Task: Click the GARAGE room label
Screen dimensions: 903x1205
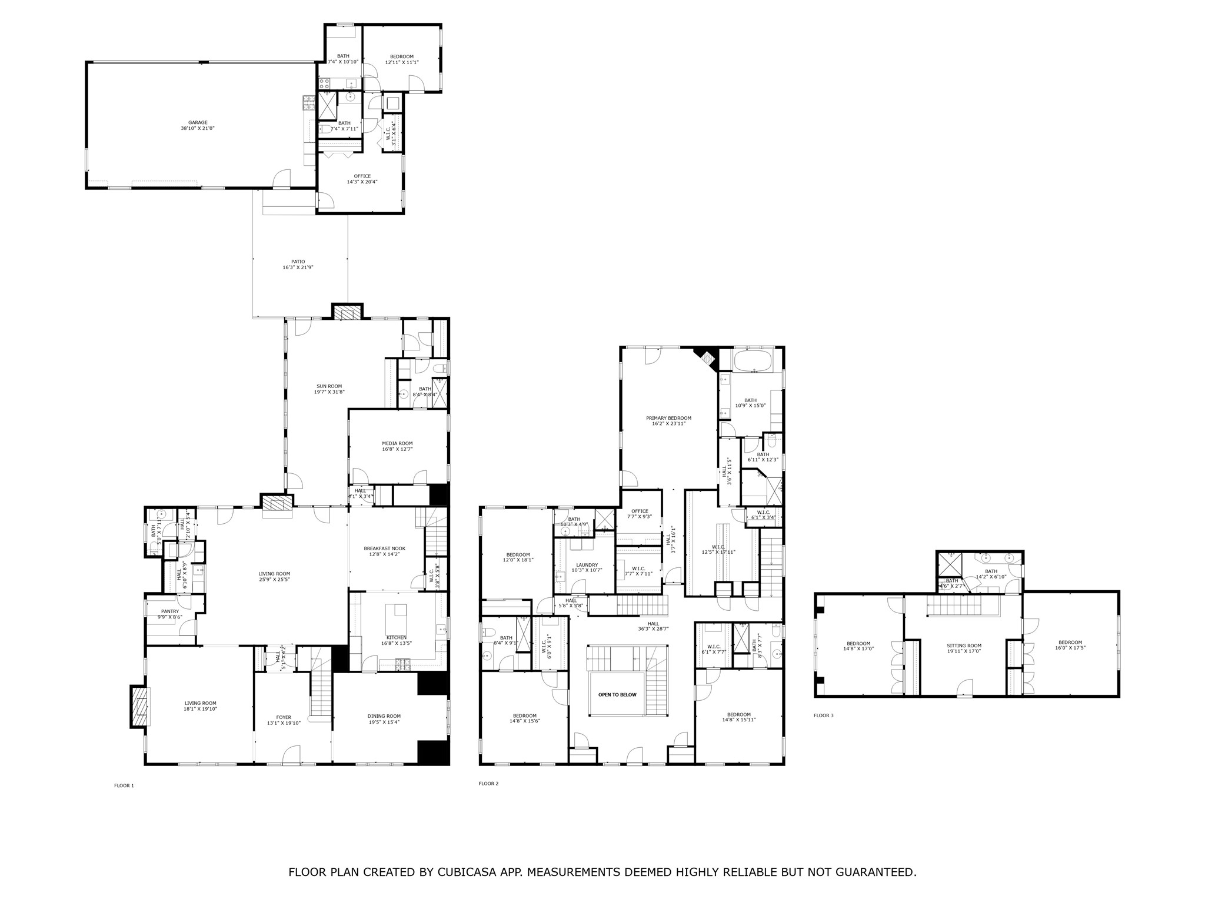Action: (x=198, y=123)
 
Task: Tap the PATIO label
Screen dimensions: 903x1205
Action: (x=298, y=262)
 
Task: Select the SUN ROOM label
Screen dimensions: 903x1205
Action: (x=329, y=386)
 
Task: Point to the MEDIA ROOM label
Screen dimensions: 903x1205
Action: (x=397, y=443)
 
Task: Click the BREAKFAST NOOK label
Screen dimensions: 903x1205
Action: (x=384, y=549)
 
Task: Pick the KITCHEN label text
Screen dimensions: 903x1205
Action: (x=396, y=637)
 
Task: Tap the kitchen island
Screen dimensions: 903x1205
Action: (x=396, y=617)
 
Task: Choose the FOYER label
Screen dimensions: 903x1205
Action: (x=284, y=717)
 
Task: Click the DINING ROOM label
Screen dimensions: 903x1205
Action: (x=384, y=716)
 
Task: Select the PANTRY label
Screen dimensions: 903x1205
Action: (x=170, y=611)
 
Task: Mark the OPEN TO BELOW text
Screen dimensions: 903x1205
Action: (x=617, y=695)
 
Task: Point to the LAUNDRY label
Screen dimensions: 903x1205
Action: (x=587, y=565)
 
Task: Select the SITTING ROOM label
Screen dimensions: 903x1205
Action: (x=964, y=646)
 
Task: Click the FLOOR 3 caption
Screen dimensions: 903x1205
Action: (x=823, y=715)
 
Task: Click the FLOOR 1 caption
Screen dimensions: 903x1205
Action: (x=124, y=785)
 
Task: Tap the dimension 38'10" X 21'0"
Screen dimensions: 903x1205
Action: (x=198, y=128)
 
